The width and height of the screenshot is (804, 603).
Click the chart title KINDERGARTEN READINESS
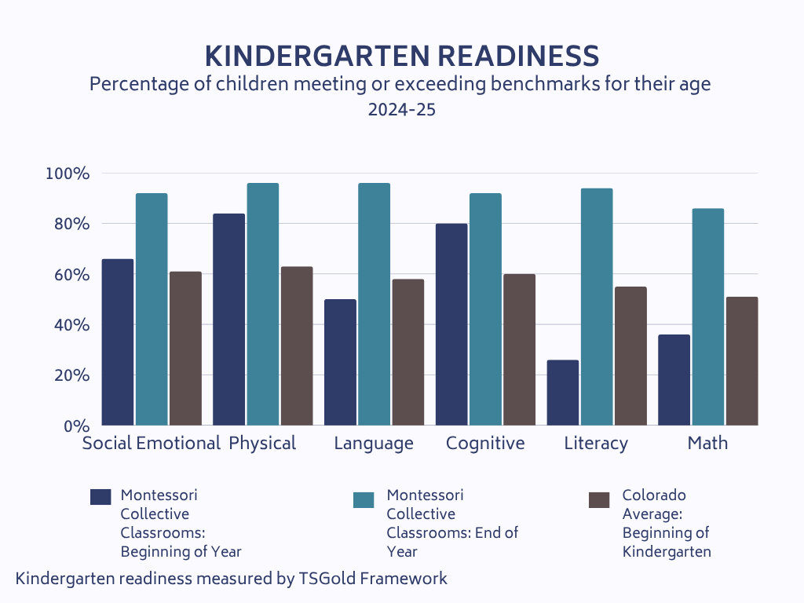tap(402, 57)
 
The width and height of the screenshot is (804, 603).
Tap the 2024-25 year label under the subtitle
tap(402, 111)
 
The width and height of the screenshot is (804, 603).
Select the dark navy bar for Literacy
tap(563, 393)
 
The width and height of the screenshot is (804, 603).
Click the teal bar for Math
tap(707, 316)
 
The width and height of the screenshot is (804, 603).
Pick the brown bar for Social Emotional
tap(185, 349)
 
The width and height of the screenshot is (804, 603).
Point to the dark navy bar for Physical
tap(228, 320)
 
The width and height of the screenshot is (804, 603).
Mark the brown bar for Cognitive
tap(519, 349)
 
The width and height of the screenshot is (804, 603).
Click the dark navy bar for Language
tap(340, 362)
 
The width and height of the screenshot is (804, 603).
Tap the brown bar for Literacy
tap(630, 356)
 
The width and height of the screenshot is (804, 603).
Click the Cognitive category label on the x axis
tap(485, 444)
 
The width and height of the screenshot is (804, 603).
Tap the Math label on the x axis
tap(707, 444)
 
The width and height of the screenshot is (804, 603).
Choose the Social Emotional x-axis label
tap(152, 444)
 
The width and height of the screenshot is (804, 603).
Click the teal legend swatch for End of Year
tap(364, 500)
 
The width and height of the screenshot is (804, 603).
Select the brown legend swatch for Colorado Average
tap(599, 500)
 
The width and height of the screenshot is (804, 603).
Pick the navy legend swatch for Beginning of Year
tap(101, 496)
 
